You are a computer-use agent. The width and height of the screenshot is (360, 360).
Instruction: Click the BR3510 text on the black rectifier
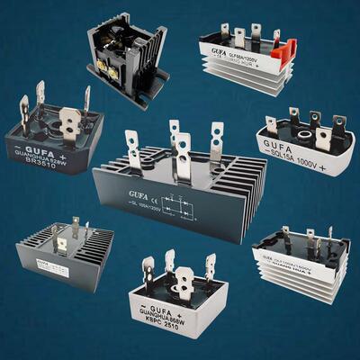click(42, 165)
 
